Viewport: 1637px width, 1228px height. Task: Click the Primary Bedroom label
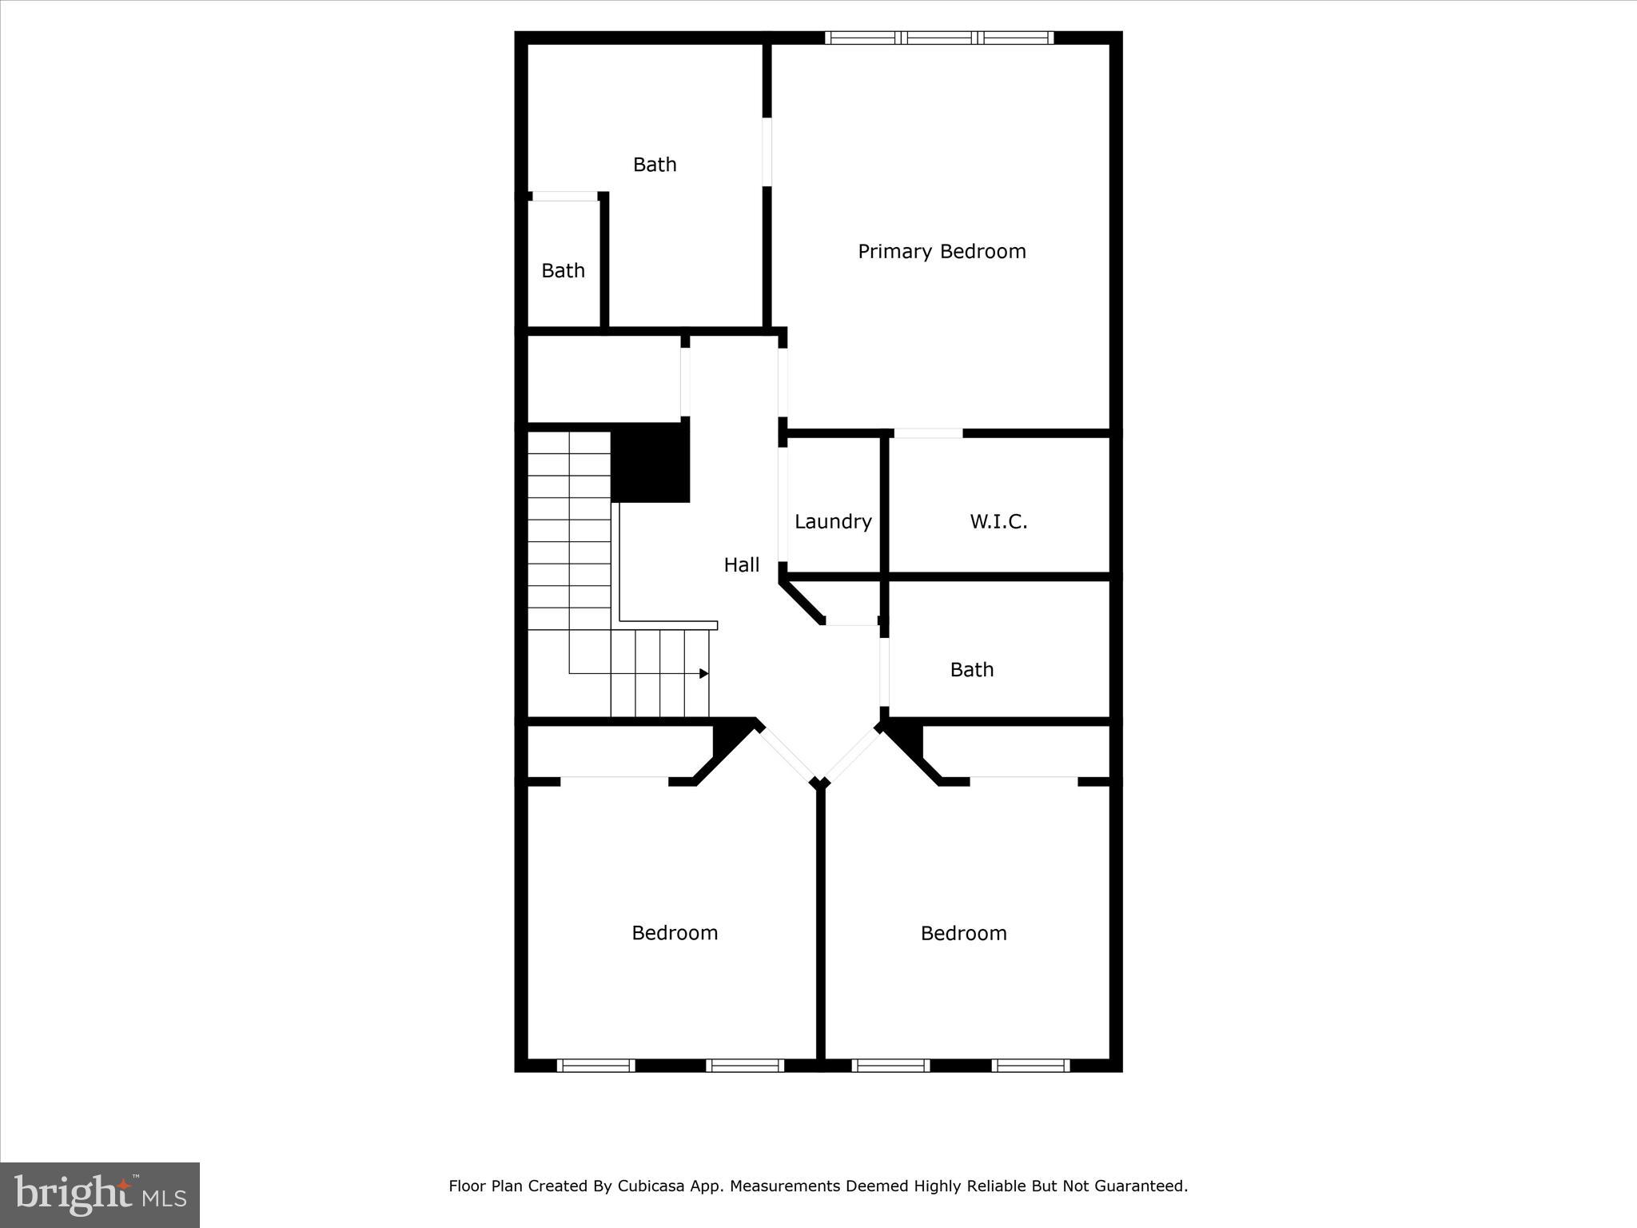coord(942,252)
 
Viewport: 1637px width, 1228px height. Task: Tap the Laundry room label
coord(833,522)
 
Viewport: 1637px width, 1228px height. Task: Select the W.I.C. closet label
coord(998,522)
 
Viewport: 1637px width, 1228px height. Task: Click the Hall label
coord(741,565)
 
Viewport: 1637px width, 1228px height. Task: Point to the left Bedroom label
coord(675,933)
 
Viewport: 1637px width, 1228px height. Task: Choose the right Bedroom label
coord(963,933)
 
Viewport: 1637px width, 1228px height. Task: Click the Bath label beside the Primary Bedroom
coord(655,165)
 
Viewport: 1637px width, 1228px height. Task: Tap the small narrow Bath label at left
coord(563,271)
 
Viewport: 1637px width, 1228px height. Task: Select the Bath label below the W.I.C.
coord(971,670)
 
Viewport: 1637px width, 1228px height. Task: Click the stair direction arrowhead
coord(704,674)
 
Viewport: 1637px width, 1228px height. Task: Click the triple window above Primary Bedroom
coord(939,38)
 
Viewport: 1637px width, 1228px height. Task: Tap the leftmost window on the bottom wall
coord(595,1065)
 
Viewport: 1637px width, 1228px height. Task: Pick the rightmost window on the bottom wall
coord(1030,1065)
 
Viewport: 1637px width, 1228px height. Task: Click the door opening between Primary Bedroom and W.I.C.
coord(928,433)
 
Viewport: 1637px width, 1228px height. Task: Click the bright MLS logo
coord(100,1194)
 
